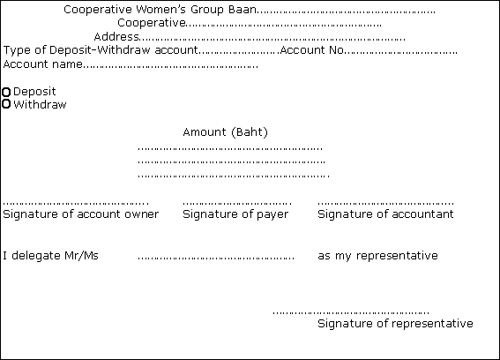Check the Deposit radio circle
pyautogui.click(x=6, y=93)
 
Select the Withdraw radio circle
pyautogui.click(x=6, y=104)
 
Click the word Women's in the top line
pyautogui.click(x=160, y=10)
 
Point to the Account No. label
pyautogui.click(x=312, y=50)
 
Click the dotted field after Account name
pyautogui.click(x=170, y=67)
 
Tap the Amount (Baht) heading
pyautogui.click(x=226, y=132)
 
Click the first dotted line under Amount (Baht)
pyautogui.click(x=230, y=149)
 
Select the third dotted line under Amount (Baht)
pyautogui.click(x=234, y=176)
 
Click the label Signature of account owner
pyautogui.click(x=80, y=214)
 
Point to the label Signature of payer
pyautogui.click(x=235, y=214)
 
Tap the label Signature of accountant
pyautogui.click(x=385, y=214)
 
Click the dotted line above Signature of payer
pyautogui.click(x=237, y=203)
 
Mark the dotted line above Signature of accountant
pyautogui.click(x=385, y=203)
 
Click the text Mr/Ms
pyautogui.click(x=81, y=256)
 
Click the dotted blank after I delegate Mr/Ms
pyautogui.click(x=216, y=258)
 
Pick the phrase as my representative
pyautogui.click(x=378, y=256)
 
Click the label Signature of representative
pyautogui.click(x=395, y=324)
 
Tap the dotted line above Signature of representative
pyautogui.click(x=351, y=312)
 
